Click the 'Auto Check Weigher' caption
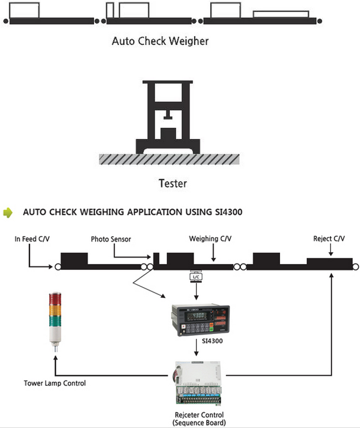coord(160,41)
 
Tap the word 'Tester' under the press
coord(173,183)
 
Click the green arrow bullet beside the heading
coord(8,211)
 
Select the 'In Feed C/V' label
coord(33,239)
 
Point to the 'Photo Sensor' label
coord(111,239)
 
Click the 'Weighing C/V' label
coord(210,239)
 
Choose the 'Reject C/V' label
coord(329,239)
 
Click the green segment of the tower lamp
coord(54,319)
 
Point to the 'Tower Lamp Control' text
coord(55,383)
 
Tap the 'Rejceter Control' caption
coord(199,414)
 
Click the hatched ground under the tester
coord(169,159)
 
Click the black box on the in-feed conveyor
coord(74,259)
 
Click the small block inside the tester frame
coord(169,134)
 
